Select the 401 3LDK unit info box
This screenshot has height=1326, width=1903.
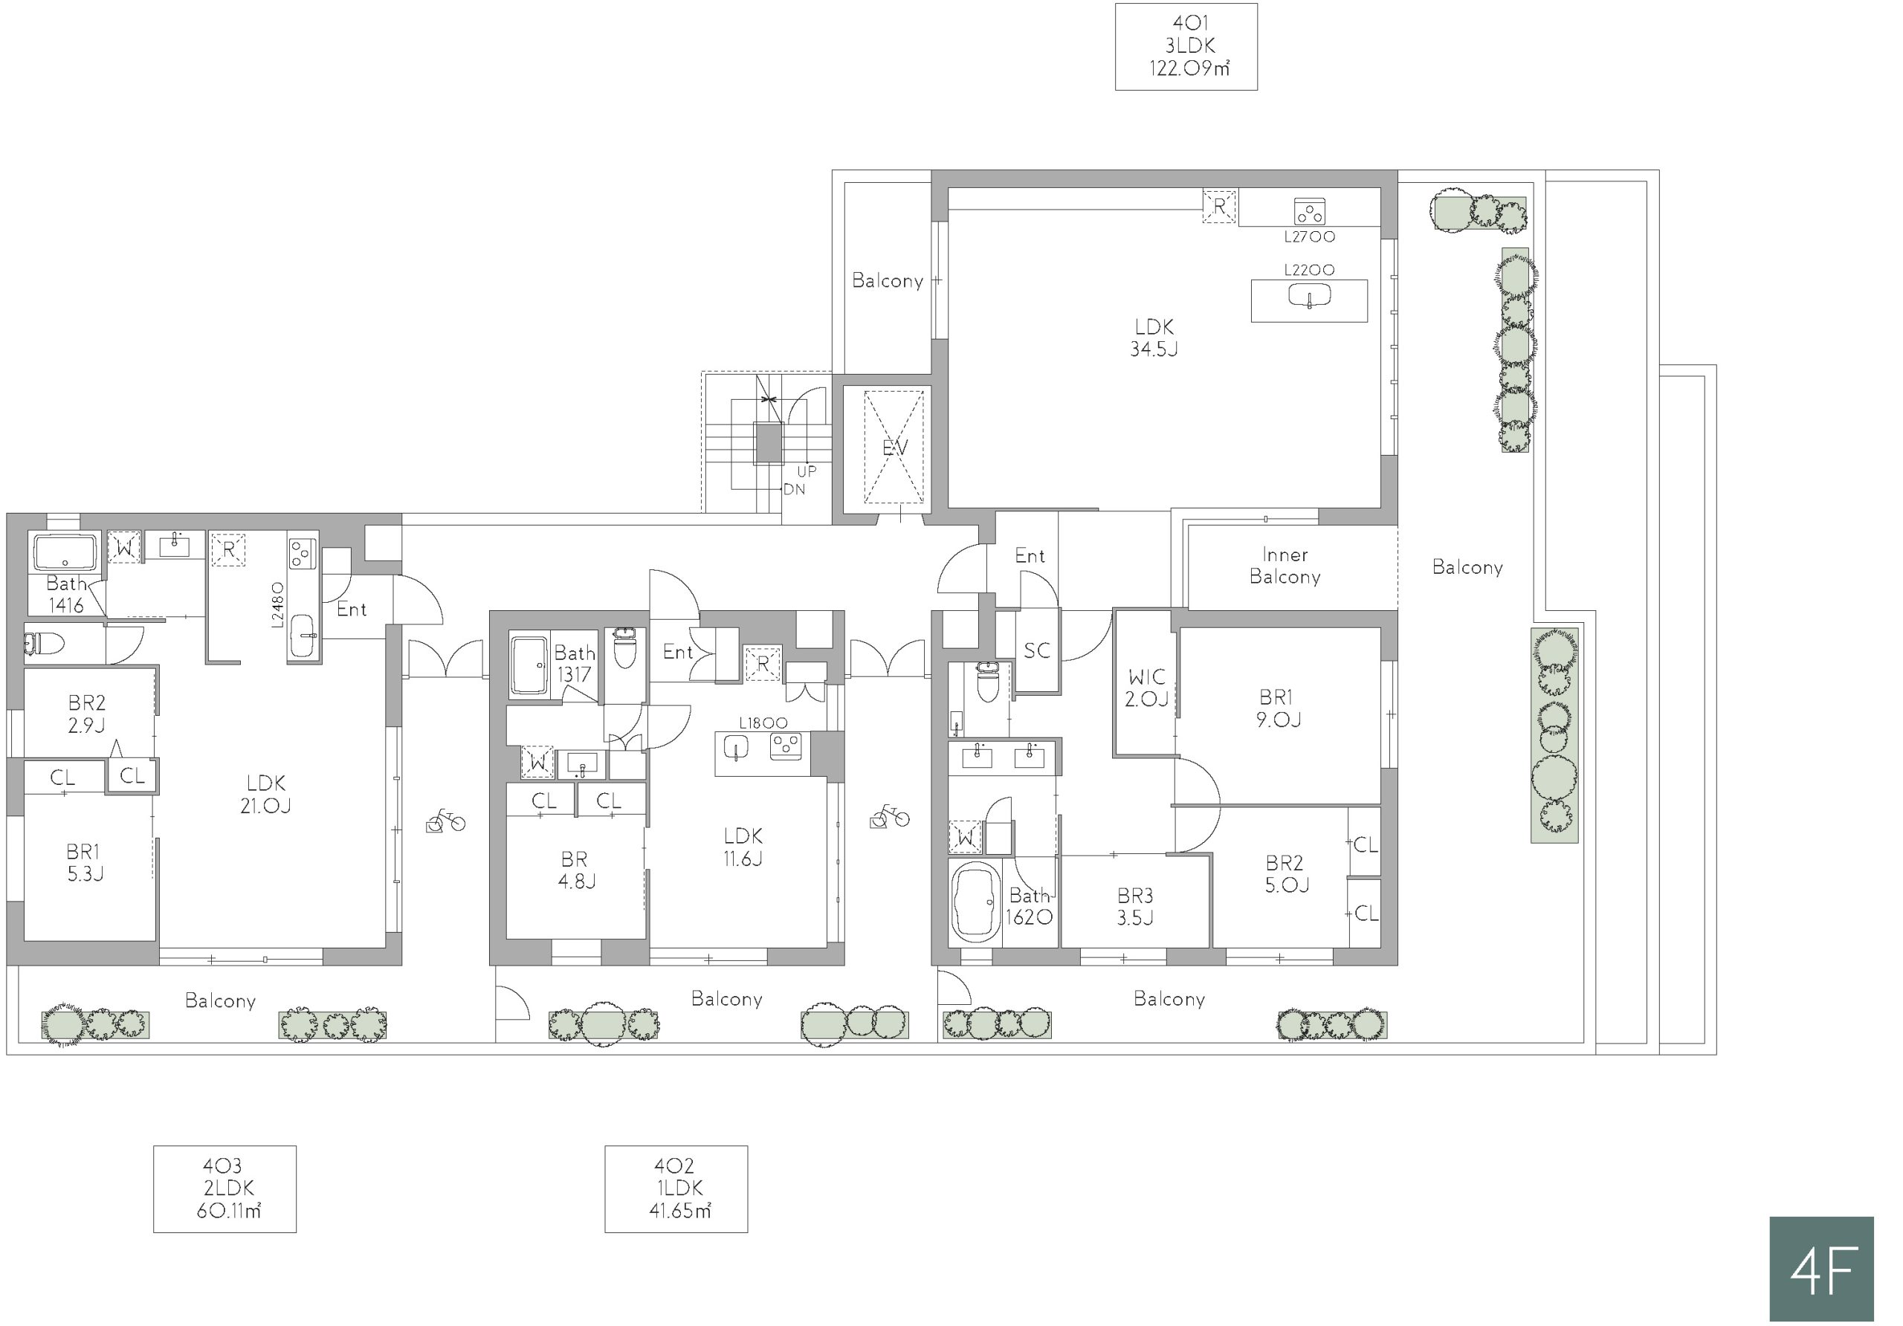pyautogui.click(x=1186, y=46)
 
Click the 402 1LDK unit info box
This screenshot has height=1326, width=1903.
pyautogui.click(x=676, y=1189)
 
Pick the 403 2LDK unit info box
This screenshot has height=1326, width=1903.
pyautogui.click(x=224, y=1189)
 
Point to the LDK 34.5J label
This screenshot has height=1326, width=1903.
pyautogui.click(x=1154, y=337)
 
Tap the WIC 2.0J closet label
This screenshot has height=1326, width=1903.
pyautogui.click(x=1146, y=688)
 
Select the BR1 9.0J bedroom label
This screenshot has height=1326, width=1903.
pyautogui.click(x=1277, y=708)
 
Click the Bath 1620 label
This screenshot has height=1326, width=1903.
pyautogui.click(x=1030, y=906)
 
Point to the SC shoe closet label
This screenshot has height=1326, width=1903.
pyautogui.click(x=1037, y=650)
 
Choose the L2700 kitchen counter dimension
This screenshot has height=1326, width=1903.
pyautogui.click(x=1310, y=237)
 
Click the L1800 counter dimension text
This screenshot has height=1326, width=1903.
pyautogui.click(x=763, y=722)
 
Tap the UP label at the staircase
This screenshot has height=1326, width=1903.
pyautogui.click(x=807, y=471)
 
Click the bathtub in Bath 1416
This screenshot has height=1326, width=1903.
pyautogui.click(x=65, y=552)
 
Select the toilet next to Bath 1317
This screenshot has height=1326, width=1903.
pyautogui.click(x=625, y=647)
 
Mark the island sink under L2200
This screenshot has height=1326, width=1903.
pyautogui.click(x=1309, y=296)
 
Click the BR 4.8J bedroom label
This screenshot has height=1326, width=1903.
pyautogui.click(x=576, y=870)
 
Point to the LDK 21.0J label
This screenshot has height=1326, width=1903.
pyautogui.click(x=265, y=794)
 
